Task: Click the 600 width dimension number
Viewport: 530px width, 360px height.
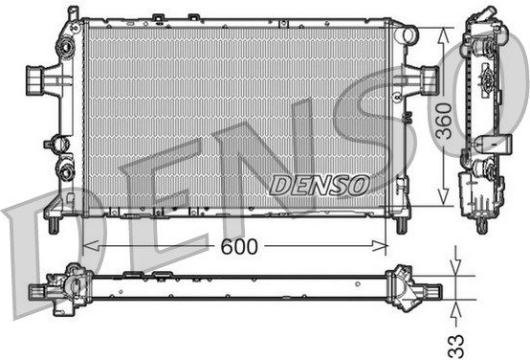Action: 239,247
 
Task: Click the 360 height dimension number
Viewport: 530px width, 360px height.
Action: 444,121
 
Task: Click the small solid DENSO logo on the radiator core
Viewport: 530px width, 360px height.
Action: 320,185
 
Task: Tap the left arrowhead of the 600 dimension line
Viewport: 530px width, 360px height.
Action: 91,246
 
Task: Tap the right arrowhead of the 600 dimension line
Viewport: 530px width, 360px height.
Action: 379,246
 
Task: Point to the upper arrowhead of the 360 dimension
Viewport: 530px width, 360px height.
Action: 443,35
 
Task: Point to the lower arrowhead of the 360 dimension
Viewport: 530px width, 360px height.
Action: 443,197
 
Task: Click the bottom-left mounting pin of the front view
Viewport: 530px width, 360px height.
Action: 53,225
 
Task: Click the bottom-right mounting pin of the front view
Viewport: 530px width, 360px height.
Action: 401,225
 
